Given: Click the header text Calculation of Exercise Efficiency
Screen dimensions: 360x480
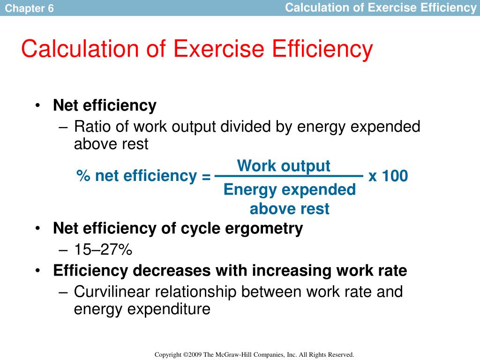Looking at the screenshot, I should pos(381,7).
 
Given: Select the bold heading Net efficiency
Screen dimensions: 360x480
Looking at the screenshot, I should pos(105,105).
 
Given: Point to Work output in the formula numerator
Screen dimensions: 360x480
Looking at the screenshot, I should pos(284,166).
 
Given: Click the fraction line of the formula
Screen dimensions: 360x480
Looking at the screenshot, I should pos(288,176).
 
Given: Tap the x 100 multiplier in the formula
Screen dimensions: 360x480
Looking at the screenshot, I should pos(388,176).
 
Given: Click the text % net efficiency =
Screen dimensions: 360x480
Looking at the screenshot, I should pos(143,176).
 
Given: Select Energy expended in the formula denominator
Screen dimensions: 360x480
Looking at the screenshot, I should pos(290,190).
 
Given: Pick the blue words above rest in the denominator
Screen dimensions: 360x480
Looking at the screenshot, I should pos(290,209).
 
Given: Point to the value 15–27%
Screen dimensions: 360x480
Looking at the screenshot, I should pos(103,250).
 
